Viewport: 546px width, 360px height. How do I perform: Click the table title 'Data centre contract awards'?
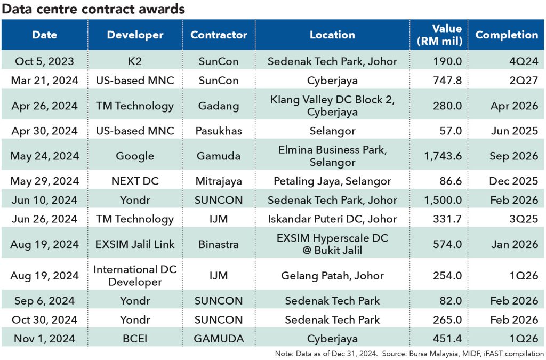[93, 9]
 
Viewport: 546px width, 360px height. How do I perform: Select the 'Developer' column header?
[135, 35]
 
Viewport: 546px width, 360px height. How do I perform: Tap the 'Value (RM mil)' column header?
[439, 35]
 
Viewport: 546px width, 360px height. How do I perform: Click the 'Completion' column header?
[507, 35]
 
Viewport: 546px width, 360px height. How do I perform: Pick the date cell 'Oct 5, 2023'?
[45, 61]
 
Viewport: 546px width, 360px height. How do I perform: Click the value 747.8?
[447, 81]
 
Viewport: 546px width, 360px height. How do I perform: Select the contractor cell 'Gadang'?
[219, 106]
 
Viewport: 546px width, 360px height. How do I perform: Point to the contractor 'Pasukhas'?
[219, 131]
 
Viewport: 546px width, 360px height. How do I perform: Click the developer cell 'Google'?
[135, 156]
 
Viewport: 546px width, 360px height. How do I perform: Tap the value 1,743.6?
[443, 156]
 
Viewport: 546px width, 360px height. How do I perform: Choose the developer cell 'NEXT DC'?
[135, 181]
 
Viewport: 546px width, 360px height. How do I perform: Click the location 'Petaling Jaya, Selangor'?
[332, 181]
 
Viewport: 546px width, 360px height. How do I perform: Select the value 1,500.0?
[443, 200]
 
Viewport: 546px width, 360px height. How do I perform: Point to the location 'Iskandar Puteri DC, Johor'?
[332, 219]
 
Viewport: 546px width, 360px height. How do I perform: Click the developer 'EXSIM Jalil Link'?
[135, 244]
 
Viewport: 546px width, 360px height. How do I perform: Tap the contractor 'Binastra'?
[219, 244]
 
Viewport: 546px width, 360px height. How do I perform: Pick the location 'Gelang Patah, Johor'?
[332, 276]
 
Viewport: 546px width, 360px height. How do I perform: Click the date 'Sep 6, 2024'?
[45, 301]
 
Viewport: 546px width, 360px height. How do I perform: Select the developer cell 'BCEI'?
[135, 339]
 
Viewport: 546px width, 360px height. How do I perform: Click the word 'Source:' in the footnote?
[395, 354]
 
